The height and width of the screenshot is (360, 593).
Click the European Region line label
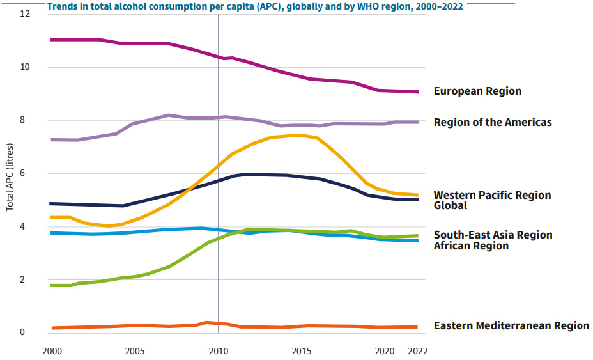coord(477,91)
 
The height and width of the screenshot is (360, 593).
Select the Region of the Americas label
coord(492,122)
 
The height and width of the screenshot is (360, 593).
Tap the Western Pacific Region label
coord(492,195)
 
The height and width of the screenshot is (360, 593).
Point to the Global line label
coord(451,205)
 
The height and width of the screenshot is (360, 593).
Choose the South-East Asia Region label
coord(493,235)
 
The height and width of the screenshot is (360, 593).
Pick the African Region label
coord(471,246)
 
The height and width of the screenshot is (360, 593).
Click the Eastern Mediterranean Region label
coord(511,325)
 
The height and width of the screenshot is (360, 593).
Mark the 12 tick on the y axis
coord(26,13)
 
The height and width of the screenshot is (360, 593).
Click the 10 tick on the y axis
coord(26,67)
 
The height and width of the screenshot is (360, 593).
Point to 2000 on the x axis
coord(52,351)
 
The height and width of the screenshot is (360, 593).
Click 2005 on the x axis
coord(134,351)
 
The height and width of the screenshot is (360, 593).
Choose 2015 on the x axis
coord(301,351)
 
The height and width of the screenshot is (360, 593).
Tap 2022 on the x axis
coord(417,351)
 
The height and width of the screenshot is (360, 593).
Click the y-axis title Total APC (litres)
coord(10,173)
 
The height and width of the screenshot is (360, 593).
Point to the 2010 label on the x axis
coord(219,351)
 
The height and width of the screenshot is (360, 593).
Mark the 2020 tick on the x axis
coord(384,351)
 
